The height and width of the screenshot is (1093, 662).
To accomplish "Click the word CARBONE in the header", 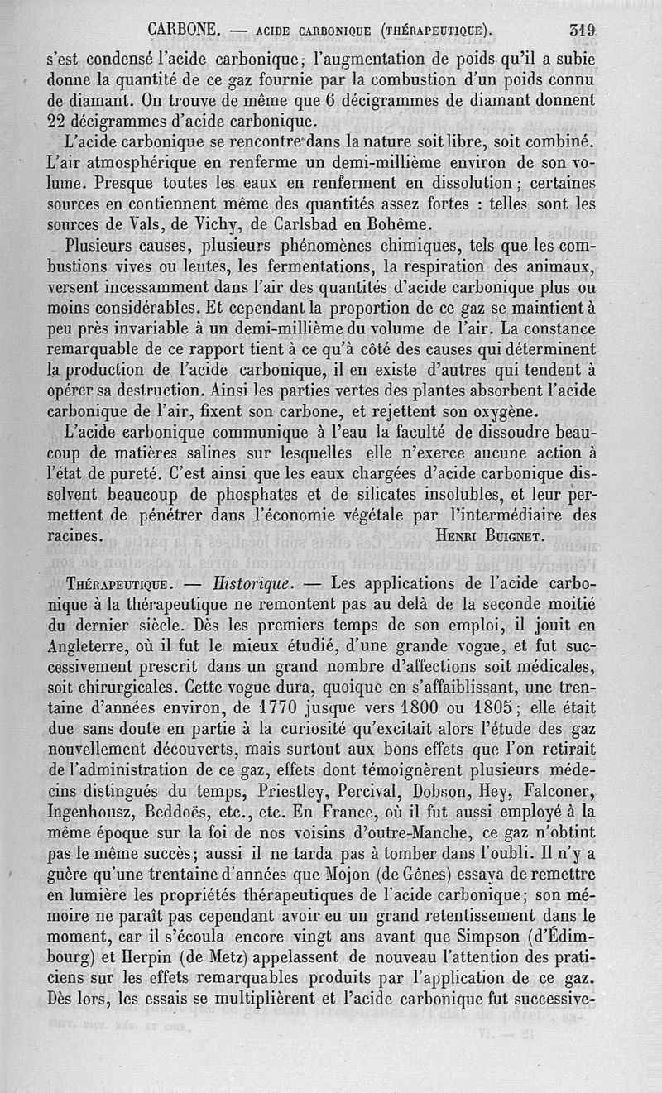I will coord(183,31).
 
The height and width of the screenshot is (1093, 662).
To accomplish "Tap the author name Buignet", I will coord(511,535).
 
